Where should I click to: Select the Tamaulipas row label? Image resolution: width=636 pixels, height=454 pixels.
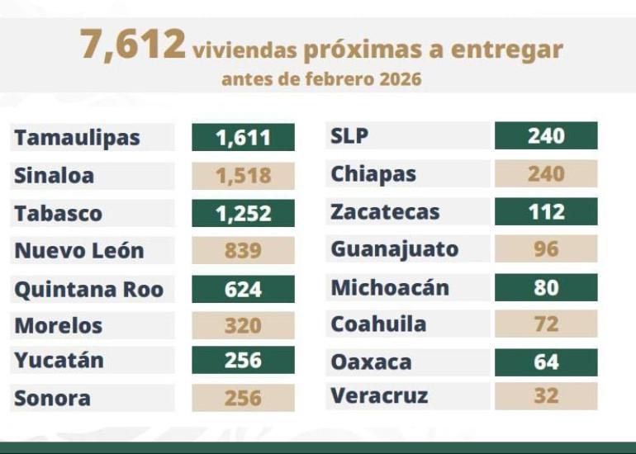pyautogui.click(x=77, y=138)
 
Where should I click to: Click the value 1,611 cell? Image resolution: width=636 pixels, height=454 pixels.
pyautogui.click(x=243, y=138)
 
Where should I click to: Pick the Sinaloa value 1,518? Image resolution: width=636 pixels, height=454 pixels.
pyautogui.click(x=243, y=175)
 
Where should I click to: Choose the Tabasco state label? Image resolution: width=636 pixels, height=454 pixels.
pyautogui.click(x=59, y=213)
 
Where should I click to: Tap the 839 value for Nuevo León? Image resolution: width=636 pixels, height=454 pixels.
pyautogui.click(x=243, y=250)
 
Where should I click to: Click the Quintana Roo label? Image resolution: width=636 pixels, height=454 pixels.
pyautogui.click(x=88, y=289)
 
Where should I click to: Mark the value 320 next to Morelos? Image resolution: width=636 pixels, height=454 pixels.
pyautogui.click(x=243, y=325)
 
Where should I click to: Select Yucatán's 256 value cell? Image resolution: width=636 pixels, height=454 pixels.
pyautogui.click(x=243, y=361)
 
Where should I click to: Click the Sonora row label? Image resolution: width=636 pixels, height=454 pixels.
pyautogui.click(x=52, y=399)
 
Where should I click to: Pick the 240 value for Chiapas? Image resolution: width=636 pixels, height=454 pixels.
pyautogui.click(x=546, y=173)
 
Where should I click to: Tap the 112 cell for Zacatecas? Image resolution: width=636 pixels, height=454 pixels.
pyautogui.click(x=546, y=211)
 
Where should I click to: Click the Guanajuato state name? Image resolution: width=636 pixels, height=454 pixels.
pyautogui.click(x=394, y=248)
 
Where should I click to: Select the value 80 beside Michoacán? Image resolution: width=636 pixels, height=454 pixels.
pyautogui.click(x=546, y=287)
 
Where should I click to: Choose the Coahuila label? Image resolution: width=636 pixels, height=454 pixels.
pyautogui.click(x=378, y=324)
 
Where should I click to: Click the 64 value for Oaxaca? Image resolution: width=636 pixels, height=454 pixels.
pyautogui.click(x=546, y=362)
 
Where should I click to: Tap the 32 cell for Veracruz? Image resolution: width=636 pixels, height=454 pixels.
pyautogui.click(x=546, y=396)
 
